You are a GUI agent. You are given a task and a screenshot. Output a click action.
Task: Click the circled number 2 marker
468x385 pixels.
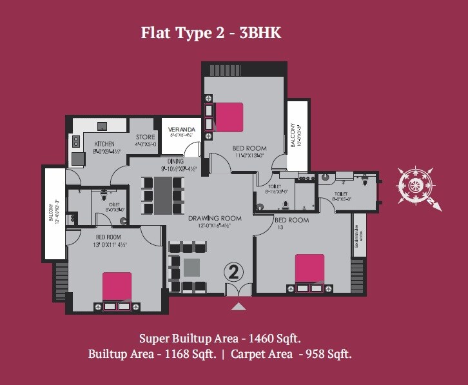pyautogui.click(x=233, y=272)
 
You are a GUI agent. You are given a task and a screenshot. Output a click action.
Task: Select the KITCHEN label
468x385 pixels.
pyautogui.click(x=104, y=144)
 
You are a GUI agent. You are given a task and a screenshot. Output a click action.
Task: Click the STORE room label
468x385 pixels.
pyautogui.click(x=144, y=137)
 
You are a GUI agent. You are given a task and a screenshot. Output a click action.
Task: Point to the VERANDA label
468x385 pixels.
pyautogui.click(x=177, y=129)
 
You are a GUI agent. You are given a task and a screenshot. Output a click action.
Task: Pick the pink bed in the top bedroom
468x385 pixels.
pyautogui.click(x=229, y=117)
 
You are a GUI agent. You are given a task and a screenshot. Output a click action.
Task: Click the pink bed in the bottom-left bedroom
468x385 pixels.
pyautogui.click(x=117, y=285)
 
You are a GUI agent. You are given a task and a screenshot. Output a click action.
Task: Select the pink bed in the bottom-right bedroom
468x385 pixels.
pyautogui.click(x=309, y=269)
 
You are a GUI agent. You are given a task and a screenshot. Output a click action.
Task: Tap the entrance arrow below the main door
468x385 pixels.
pyautogui.click(x=239, y=307)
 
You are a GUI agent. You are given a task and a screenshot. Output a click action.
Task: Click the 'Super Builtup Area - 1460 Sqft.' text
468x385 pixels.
pyautogui.click(x=220, y=337)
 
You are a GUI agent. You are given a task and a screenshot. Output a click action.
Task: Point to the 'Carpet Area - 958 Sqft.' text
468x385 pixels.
pyautogui.click(x=291, y=354)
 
